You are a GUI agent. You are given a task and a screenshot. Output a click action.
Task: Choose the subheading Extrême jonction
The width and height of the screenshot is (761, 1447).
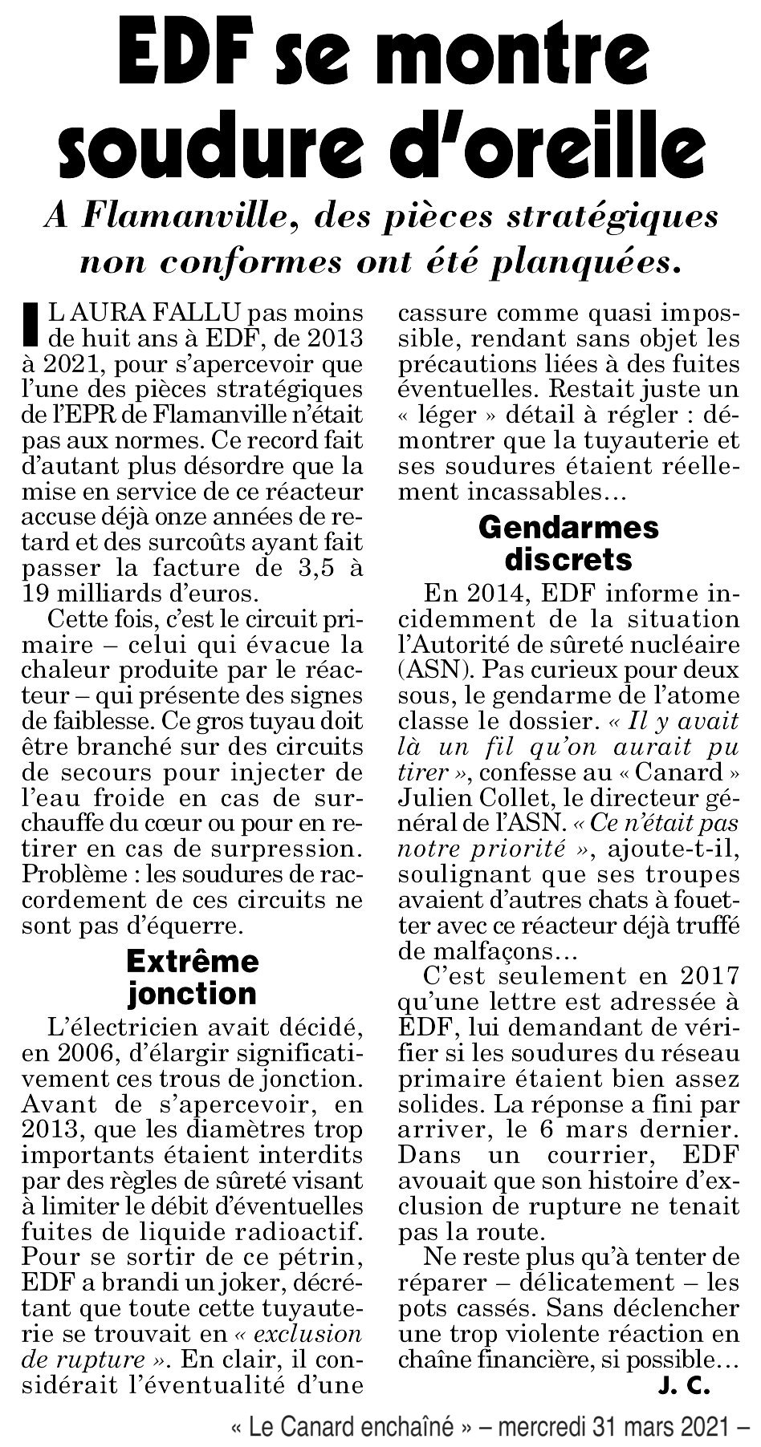tap(193, 977)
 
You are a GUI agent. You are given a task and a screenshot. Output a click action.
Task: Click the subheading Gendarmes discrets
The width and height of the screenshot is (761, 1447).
tap(568, 542)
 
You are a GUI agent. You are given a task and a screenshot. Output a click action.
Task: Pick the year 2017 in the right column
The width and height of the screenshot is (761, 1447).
tap(699, 980)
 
